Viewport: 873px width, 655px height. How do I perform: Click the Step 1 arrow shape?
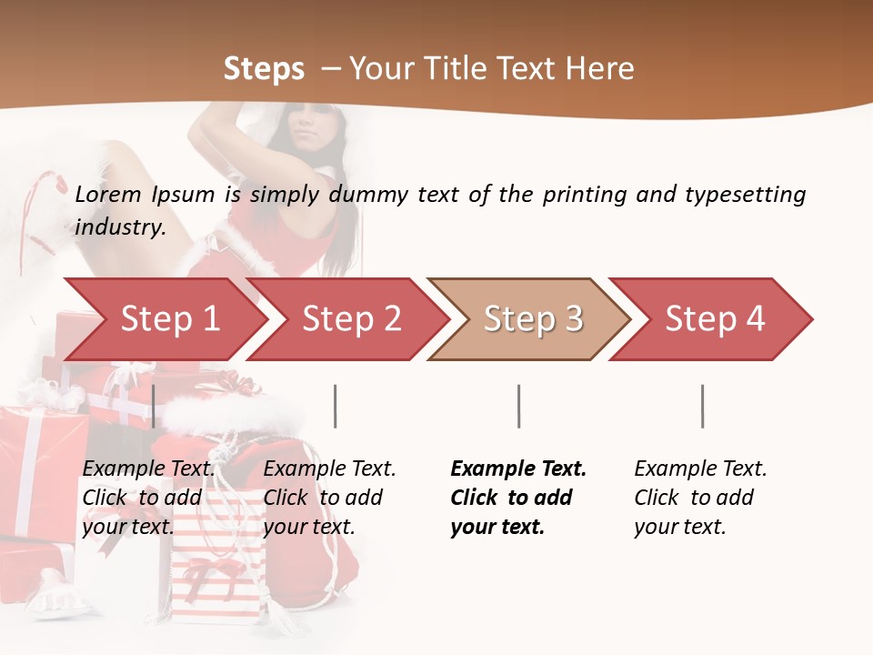[164, 319]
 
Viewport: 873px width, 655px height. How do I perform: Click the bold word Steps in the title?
[264, 68]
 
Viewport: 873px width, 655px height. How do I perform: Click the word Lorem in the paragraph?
[106, 194]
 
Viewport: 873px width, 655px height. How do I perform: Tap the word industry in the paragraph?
[119, 227]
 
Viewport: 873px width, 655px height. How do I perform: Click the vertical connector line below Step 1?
[154, 406]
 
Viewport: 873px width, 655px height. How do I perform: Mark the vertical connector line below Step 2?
[336, 406]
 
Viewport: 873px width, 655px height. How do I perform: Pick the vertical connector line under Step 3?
[518, 406]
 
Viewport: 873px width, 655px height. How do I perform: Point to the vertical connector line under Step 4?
[702, 406]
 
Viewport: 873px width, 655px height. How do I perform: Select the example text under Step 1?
[148, 498]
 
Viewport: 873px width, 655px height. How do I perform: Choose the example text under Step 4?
[699, 498]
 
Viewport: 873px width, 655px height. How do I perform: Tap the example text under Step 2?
[328, 498]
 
